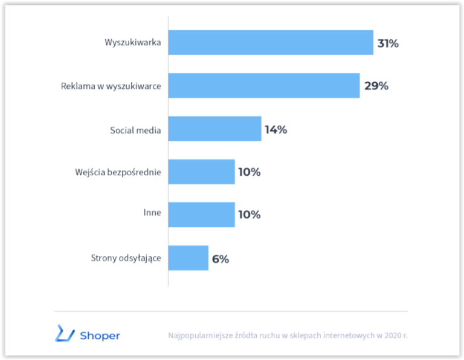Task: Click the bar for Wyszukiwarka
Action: (x=271, y=42)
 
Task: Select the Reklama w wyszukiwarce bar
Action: (x=264, y=86)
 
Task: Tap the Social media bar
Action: (x=215, y=129)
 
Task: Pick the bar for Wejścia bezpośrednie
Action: (x=202, y=172)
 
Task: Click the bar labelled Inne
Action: (x=202, y=215)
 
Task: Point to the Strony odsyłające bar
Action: (x=188, y=258)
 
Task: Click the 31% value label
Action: (x=388, y=43)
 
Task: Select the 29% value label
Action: (x=376, y=86)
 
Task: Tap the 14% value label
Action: (x=275, y=130)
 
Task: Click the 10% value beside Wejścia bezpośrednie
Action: (x=250, y=172)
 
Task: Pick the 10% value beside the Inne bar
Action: (x=250, y=214)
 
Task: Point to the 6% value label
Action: (x=221, y=259)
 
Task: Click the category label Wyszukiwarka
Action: (x=133, y=42)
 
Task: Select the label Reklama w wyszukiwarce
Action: (x=111, y=86)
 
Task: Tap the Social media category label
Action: (x=135, y=130)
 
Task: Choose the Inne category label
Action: (x=152, y=213)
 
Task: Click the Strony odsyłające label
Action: (x=126, y=259)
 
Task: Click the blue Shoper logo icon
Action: (x=65, y=333)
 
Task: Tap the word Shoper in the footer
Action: (x=100, y=336)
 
